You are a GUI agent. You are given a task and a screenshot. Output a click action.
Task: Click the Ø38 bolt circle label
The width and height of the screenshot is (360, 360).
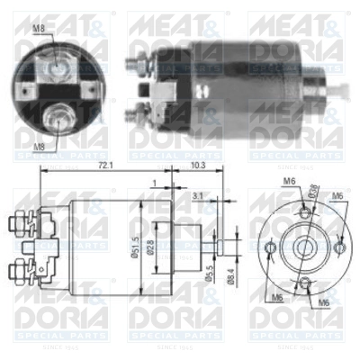313,191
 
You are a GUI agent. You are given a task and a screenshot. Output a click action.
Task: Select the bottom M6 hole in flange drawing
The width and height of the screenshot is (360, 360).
305,285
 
